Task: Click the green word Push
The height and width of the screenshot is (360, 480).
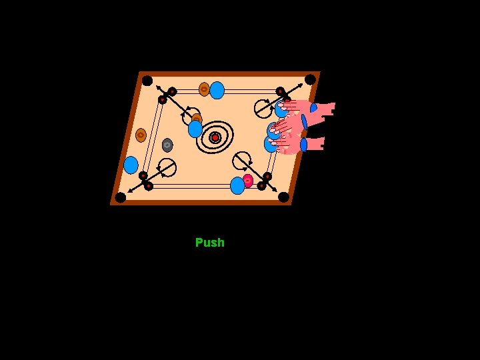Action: [x=209, y=243]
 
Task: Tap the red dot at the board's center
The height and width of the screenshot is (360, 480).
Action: [x=215, y=137]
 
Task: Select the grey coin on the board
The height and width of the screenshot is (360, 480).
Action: [x=167, y=145]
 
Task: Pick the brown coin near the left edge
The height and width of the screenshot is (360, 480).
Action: [x=141, y=135]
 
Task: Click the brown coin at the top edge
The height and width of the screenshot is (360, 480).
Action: [x=204, y=89]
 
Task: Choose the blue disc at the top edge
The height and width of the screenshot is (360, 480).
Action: [x=217, y=90]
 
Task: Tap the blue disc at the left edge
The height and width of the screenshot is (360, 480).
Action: [x=131, y=165]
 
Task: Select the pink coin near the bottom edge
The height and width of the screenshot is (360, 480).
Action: [x=247, y=181]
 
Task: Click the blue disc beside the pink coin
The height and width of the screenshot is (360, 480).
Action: [x=237, y=185]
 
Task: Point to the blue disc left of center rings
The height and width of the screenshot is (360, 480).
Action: [x=195, y=129]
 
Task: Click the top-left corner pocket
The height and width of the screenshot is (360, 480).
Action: [x=147, y=80]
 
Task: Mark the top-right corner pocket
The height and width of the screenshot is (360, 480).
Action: [x=310, y=79]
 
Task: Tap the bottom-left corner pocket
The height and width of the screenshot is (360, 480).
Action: [x=120, y=197]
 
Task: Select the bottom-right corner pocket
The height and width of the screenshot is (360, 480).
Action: [x=283, y=197]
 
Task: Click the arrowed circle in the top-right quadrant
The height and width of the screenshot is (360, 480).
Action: [x=263, y=107]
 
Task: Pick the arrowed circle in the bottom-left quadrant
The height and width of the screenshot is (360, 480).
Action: [x=167, y=167]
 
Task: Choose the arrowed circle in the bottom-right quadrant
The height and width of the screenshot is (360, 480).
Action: [x=242, y=160]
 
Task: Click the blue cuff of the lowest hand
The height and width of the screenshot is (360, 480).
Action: [x=303, y=145]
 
